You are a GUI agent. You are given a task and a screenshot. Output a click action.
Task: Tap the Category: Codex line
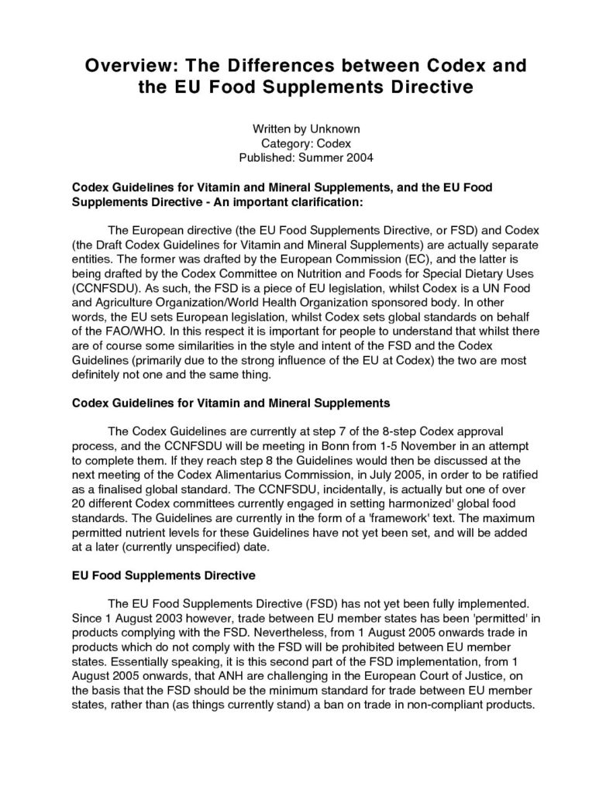pyautogui.click(x=306, y=143)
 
